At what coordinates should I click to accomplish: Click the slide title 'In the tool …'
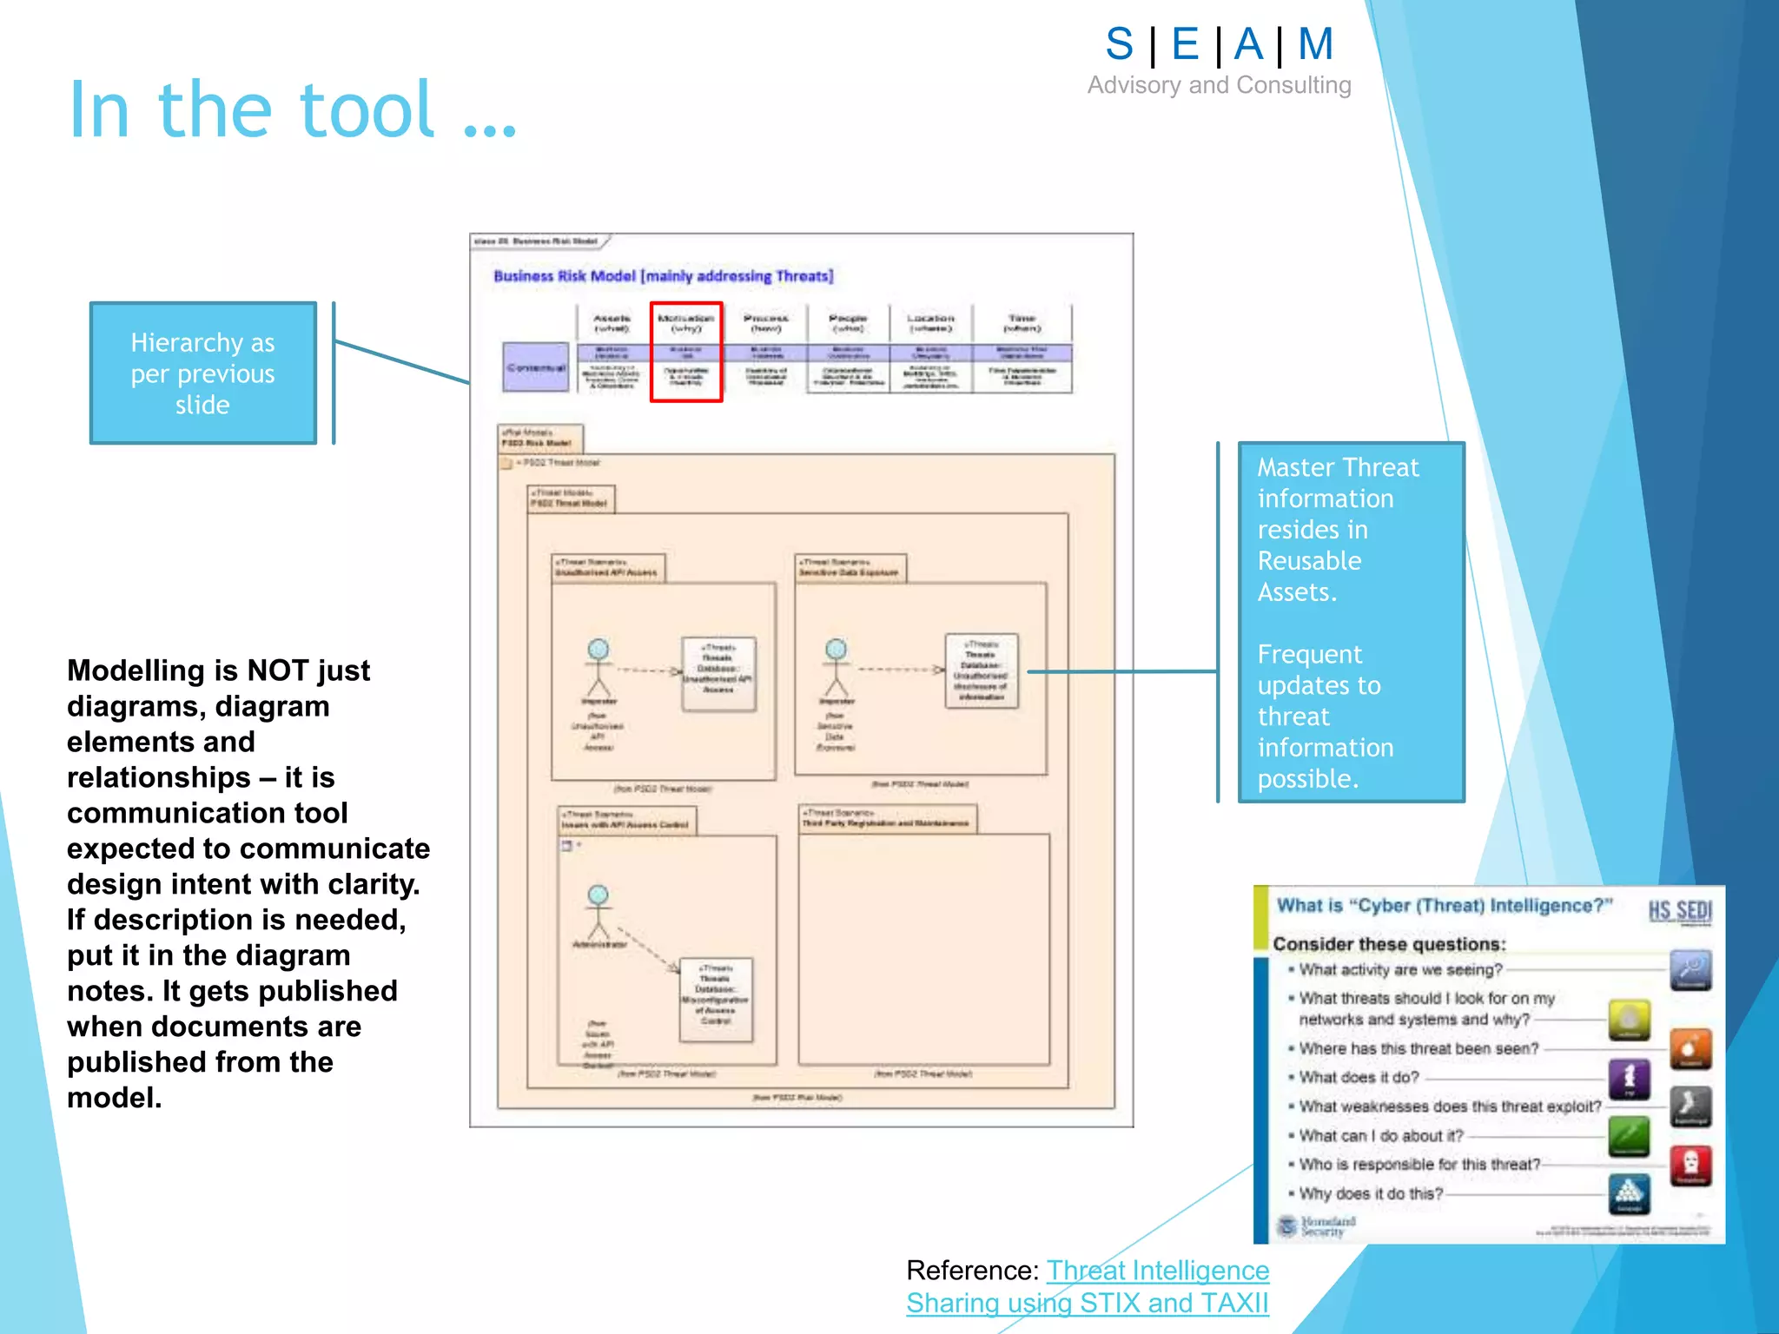pyautogui.click(x=293, y=110)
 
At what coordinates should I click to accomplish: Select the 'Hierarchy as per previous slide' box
pyautogui.click(x=202, y=373)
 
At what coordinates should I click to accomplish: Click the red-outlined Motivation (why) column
pyautogui.click(x=686, y=352)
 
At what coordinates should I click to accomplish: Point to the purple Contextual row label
pyautogui.click(x=535, y=367)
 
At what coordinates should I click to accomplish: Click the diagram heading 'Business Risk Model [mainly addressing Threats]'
pyautogui.click(x=663, y=276)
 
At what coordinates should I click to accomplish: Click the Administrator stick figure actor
pyautogui.click(x=599, y=912)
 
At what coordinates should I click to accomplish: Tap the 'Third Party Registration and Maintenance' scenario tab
pyautogui.click(x=886, y=819)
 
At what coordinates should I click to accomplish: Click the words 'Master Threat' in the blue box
pyautogui.click(x=1338, y=468)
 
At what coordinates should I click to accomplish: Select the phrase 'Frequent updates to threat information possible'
pyautogui.click(x=1325, y=717)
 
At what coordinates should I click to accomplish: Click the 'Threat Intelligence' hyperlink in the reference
pyautogui.click(x=1157, y=1271)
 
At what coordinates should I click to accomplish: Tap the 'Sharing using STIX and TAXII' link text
pyautogui.click(x=1087, y=1304)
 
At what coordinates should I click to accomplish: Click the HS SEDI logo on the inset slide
pyautogui.click(x=1679, y=911)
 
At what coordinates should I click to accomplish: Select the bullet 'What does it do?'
pyautogui.click(x=1359, y=1078)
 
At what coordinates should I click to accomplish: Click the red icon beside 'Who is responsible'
pyautogui.click(x=1690, y=1165)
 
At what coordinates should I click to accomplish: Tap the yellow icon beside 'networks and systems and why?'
pyautogui.click(x=1629, y=1020)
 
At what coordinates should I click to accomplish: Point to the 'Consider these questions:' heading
pyautogui.click(x=1388, y=944)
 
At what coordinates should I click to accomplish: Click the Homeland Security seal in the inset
pyautogui.click(x=1287, y=1226)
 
